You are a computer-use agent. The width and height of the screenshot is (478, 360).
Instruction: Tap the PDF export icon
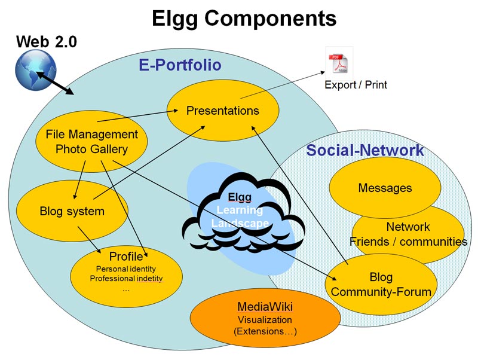pos(339,62)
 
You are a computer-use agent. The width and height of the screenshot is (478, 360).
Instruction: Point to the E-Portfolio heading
pos(180,65)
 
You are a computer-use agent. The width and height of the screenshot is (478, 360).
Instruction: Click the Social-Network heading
pos(365,150)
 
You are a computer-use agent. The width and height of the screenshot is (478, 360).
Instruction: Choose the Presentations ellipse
pos(223,111)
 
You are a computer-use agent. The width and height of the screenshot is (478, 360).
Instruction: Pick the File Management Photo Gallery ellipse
pos(91,142)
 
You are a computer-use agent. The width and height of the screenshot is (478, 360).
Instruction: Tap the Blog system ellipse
pos(72,211)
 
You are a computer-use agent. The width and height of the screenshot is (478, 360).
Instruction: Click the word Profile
pos(126,257)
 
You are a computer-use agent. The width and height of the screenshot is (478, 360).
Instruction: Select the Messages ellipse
pos(385,188)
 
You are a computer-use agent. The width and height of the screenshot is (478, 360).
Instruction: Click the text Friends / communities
pos(408,242)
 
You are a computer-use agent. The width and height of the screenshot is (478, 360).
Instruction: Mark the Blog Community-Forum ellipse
pos(381,285)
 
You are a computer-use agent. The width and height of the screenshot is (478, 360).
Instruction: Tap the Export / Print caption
pos(356,85)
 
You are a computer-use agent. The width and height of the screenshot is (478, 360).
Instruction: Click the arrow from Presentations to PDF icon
pos(281,88)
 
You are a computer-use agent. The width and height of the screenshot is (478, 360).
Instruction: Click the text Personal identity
pos(126,269)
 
